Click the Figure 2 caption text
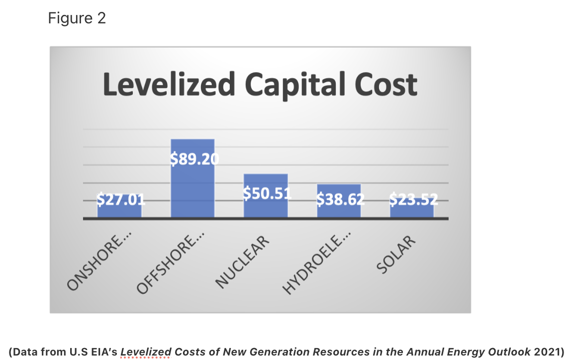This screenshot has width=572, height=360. point(77,18)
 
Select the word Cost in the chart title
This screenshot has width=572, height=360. point(385,84)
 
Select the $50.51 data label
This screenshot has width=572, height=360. point(267,193)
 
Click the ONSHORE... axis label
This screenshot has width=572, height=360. point(96,261)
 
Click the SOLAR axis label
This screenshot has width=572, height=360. point(396,255)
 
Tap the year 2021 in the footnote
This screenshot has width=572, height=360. point(546,352)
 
